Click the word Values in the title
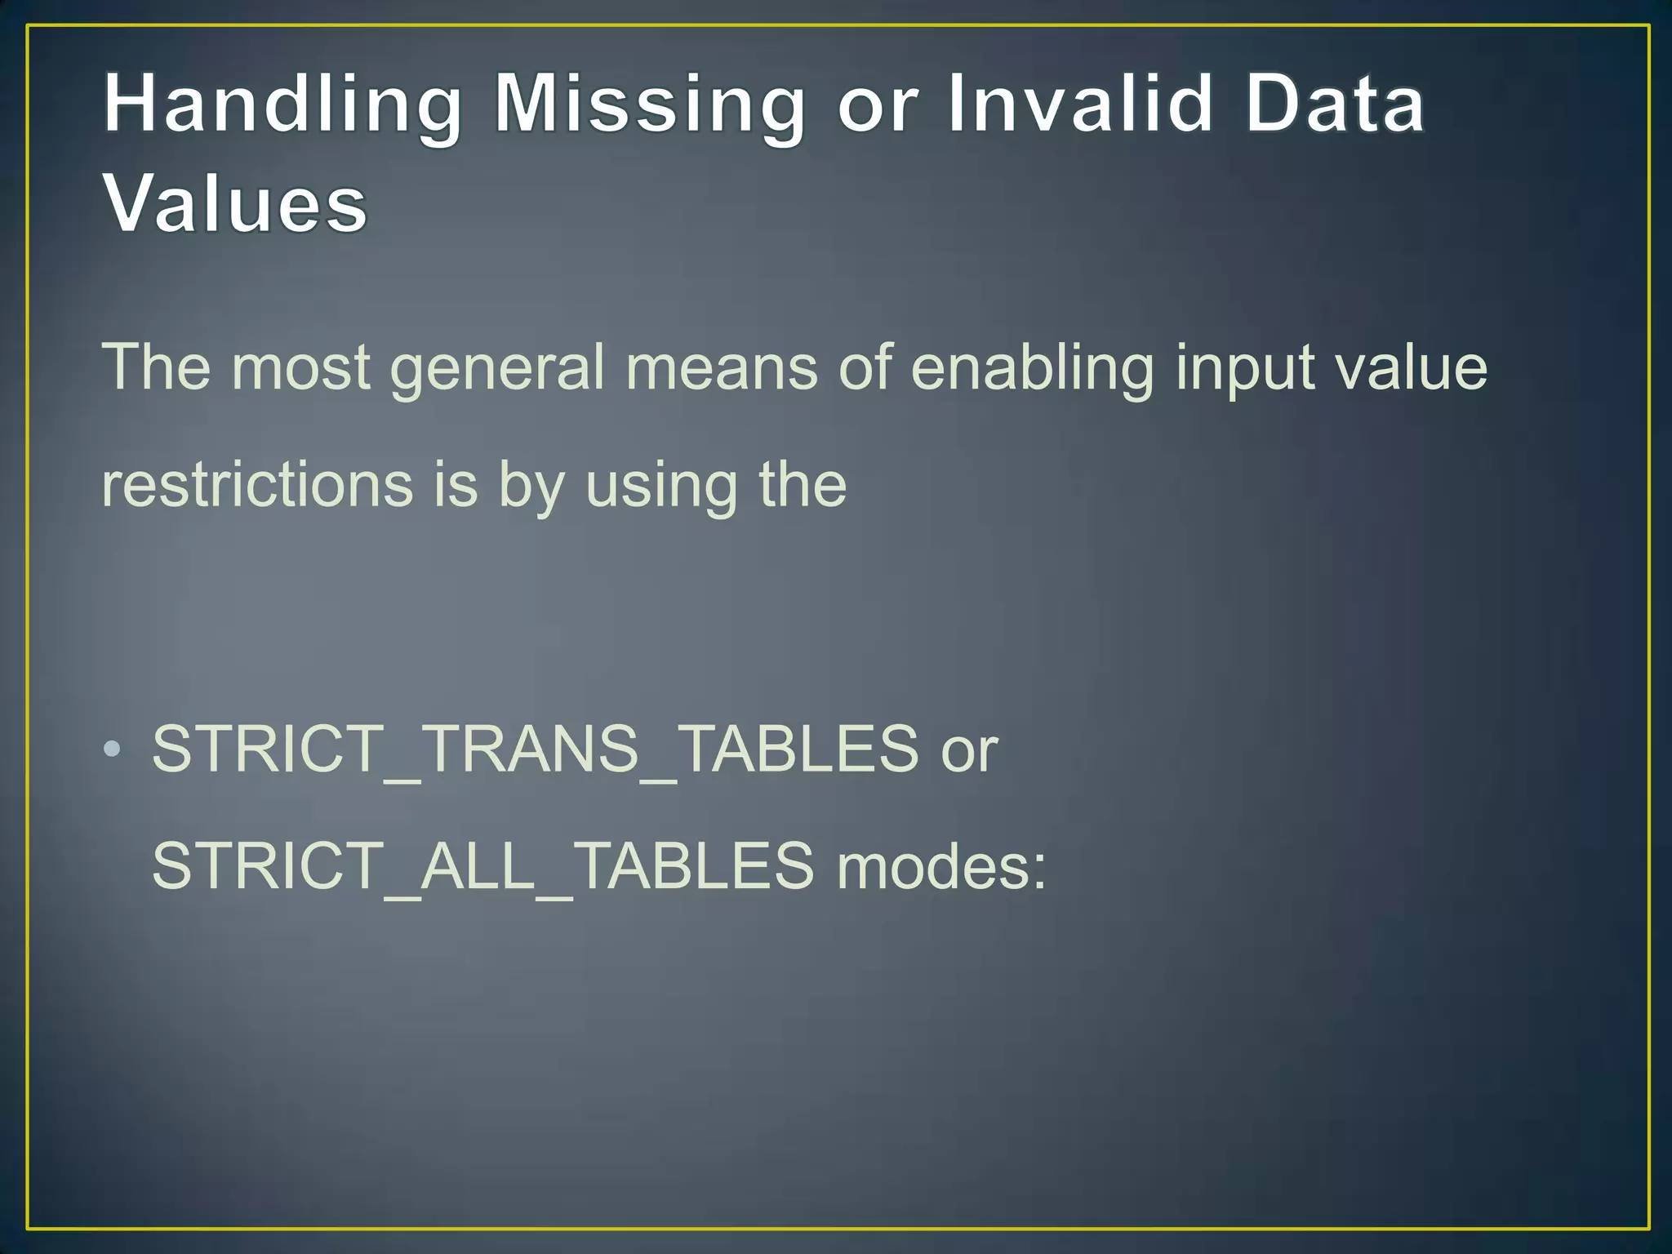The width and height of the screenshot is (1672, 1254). [235, 203]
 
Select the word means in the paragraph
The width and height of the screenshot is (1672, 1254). [722, 367]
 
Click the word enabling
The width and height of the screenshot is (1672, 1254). [1032, 368]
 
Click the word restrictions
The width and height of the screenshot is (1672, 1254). [257, 485]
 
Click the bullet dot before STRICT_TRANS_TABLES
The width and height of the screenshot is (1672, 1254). [113, 748]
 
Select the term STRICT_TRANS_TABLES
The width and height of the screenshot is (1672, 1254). [535, 749]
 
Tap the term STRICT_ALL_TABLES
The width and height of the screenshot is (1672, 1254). [482, 865]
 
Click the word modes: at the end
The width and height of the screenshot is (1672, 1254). [941, 866]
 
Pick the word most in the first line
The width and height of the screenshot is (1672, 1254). [300, 367]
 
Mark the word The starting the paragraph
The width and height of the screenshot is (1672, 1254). [155, 367]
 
